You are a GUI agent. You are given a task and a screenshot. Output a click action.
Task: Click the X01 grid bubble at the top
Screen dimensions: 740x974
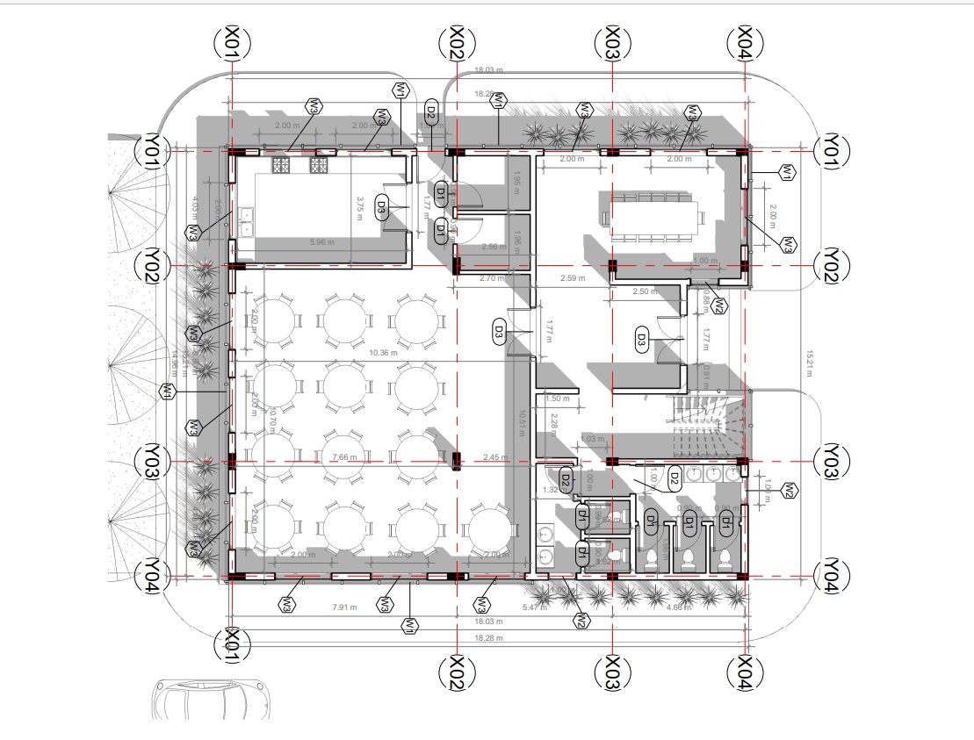click(233, 42)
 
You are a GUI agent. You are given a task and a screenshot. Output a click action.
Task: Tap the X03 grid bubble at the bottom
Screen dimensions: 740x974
click(612, 674)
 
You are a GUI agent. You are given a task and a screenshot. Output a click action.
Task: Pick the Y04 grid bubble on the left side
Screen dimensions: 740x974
click(151, 576)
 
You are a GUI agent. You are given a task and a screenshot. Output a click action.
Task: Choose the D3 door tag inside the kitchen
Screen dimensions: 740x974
click(382, 208)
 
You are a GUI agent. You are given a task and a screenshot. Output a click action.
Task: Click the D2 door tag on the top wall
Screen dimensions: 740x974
click(430, 111)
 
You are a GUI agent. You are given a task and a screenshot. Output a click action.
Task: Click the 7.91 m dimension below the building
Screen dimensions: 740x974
click(344, 607)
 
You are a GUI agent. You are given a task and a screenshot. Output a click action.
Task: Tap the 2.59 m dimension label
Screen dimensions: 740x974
click(572, 279)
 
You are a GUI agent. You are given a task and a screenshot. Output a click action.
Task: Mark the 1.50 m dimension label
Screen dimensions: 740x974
click(557, 399)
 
